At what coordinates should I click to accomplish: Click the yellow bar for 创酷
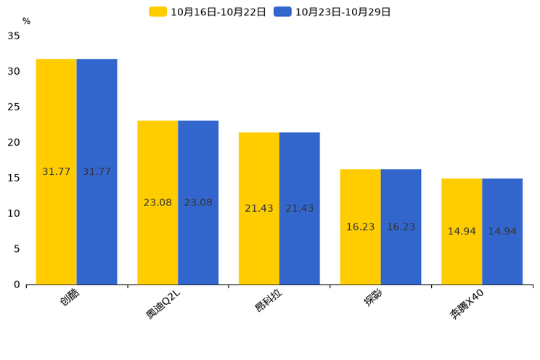click(57, 172)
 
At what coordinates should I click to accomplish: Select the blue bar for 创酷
click(97, 172)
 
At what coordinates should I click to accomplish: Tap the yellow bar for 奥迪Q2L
click(157, 203)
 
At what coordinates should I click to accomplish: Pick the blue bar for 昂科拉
click(300, 209)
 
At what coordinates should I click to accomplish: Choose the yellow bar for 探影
click(361, 227)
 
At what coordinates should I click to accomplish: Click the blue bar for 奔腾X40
click(502, 232)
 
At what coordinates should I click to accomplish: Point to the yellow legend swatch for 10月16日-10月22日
click(157, 12)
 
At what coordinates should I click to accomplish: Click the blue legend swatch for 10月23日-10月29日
click(282, 12)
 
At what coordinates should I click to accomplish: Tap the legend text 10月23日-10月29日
click(343, 12)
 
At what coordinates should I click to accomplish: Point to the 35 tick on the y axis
click(14, 36)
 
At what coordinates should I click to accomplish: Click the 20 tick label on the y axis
click(14, 142)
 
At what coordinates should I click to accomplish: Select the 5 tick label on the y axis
click(17, 249)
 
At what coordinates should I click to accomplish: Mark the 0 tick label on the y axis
click(17, 285)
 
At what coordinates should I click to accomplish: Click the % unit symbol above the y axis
click(27, 21)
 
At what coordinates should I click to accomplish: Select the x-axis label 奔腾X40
click(467, 305)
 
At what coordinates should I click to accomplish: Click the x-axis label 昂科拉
click(269, 300)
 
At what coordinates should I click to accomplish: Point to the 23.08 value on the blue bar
click(198, 202)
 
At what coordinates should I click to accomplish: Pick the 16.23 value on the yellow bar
click(361, 227)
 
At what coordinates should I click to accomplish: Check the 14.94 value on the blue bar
click(502, 232)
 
